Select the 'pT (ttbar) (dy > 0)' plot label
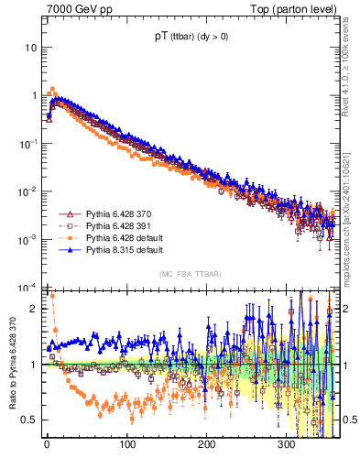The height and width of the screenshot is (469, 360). [190, 38]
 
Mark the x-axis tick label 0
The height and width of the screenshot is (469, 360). [47, 442]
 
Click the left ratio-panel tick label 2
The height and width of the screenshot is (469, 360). [35, 309]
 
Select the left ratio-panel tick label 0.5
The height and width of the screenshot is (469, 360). [30, 420]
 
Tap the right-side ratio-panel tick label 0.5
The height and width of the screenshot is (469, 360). [346, 420]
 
